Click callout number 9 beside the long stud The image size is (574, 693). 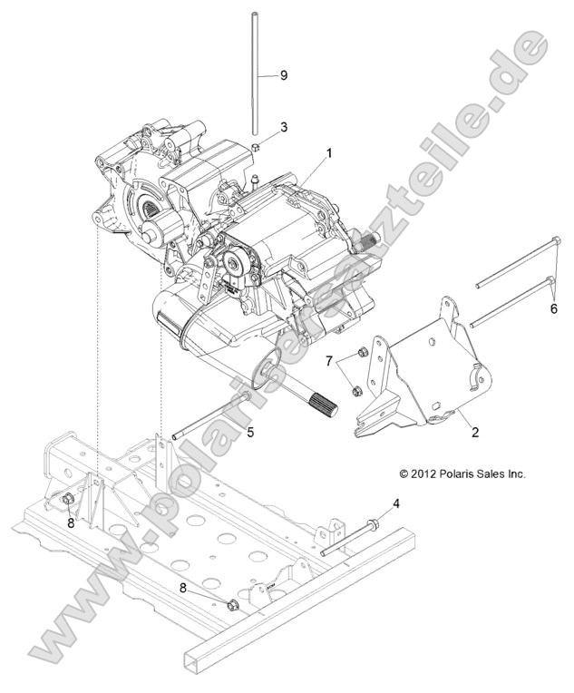tap(284, 75)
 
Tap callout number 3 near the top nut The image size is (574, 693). tap(284, 127)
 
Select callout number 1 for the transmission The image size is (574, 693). tap(328, 153)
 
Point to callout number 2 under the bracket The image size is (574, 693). tap(474, 433)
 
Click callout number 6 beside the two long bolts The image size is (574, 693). tap(554, 307)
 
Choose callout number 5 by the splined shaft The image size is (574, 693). tap(250, 432)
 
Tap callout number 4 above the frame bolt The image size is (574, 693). tap(395, 502)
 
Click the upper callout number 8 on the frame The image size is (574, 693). tap(69, 522)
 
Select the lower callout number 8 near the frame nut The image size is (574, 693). tap(184, 588)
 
